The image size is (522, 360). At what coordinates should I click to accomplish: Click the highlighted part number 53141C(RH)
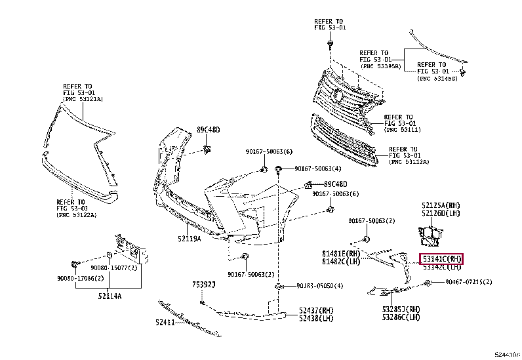pyautogui.click(x=442, y=258)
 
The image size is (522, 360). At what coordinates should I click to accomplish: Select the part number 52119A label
pyautogui.click(x=189, y=238)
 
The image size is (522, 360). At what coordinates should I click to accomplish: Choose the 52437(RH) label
pyautogui.click(x=316, y=310)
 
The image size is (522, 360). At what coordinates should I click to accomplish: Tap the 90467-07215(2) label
pyautogui.click(x=469, y=281)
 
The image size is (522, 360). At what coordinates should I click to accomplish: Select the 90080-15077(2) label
pyautogui.click(x=114, y=268)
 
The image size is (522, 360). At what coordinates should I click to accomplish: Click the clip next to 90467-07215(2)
pyautogui.click(x=428, y=283)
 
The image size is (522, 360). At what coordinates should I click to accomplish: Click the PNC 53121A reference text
pyautogui.click(x=84, y=98)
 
